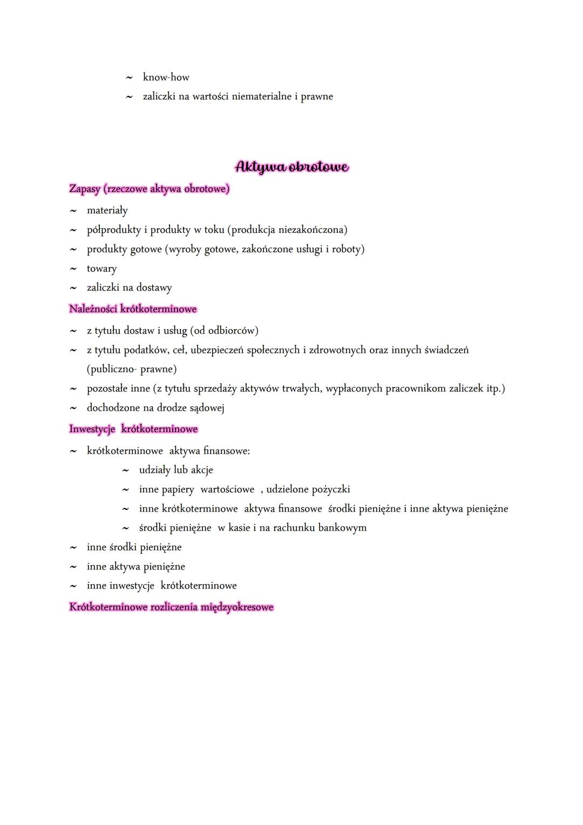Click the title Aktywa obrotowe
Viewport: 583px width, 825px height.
tap(291, 166)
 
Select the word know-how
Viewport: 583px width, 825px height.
tap(166, 77)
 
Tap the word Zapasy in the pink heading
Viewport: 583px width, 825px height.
tap(85, 189)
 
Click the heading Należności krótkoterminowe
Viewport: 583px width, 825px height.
tap(133, 309)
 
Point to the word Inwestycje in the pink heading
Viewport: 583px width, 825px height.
tap(92, 429)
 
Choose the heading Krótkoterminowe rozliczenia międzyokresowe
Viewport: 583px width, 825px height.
tap(171, 607)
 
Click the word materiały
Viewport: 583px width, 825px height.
tap(107, 210)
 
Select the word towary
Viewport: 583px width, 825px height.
tap(101, 269)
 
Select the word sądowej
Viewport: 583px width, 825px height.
tap(207, 408)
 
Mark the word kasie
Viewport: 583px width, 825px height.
tap(239, 528)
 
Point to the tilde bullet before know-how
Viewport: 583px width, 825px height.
tap(129, 78)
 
